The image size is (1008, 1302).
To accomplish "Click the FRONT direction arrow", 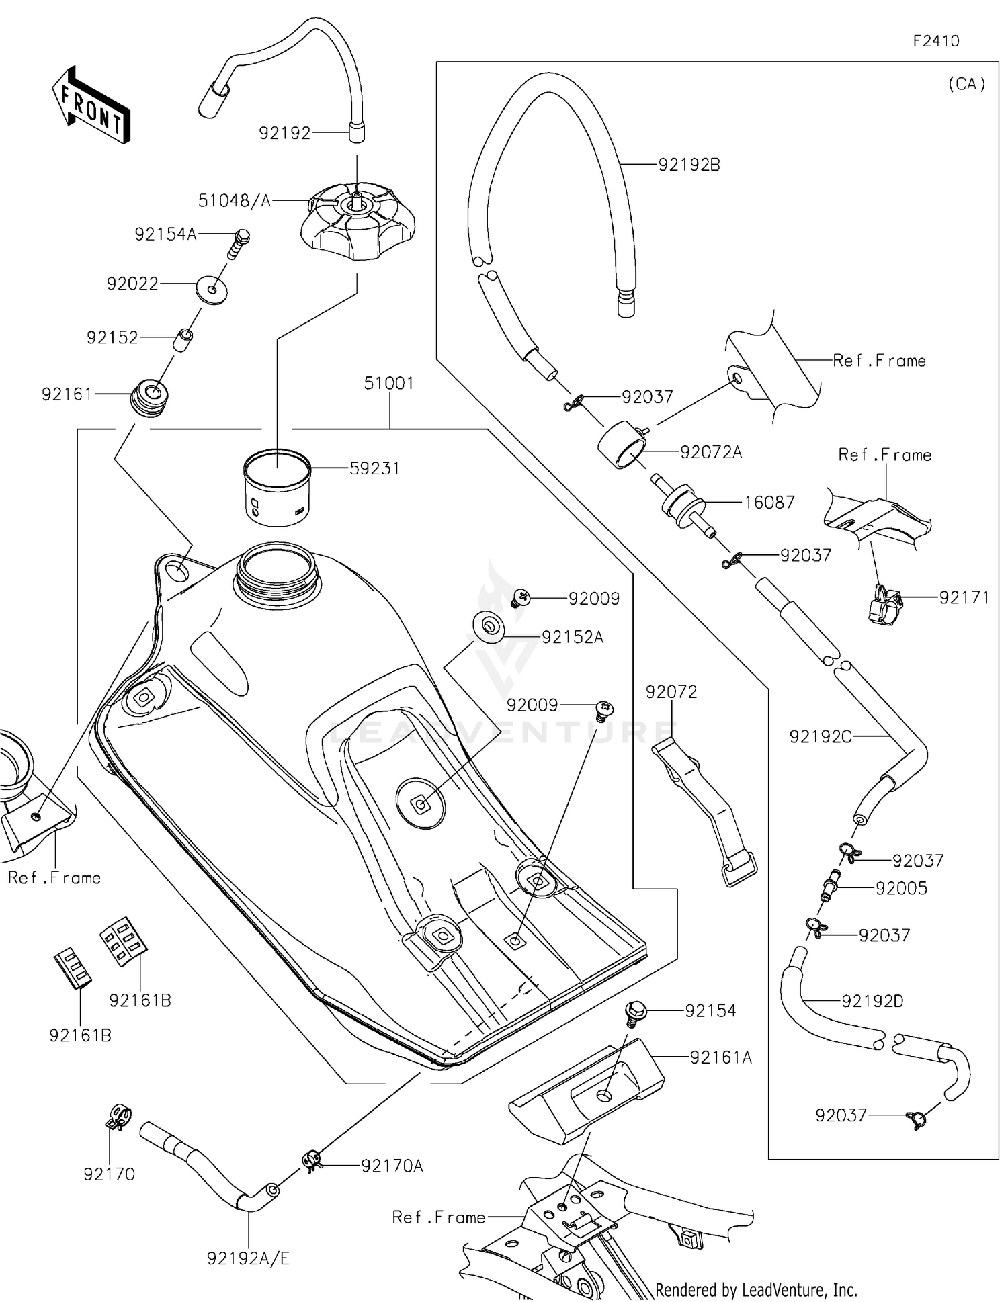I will point(91,106).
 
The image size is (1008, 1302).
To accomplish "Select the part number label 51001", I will point(388,383).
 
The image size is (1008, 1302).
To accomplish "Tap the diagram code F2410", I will point(935,41).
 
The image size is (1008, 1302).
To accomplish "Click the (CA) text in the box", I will point(966,84).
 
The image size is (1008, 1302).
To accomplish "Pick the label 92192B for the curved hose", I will point(689,165).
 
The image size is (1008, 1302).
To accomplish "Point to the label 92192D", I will point(872,1001).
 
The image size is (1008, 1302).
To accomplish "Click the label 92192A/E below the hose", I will point(248,1259).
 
